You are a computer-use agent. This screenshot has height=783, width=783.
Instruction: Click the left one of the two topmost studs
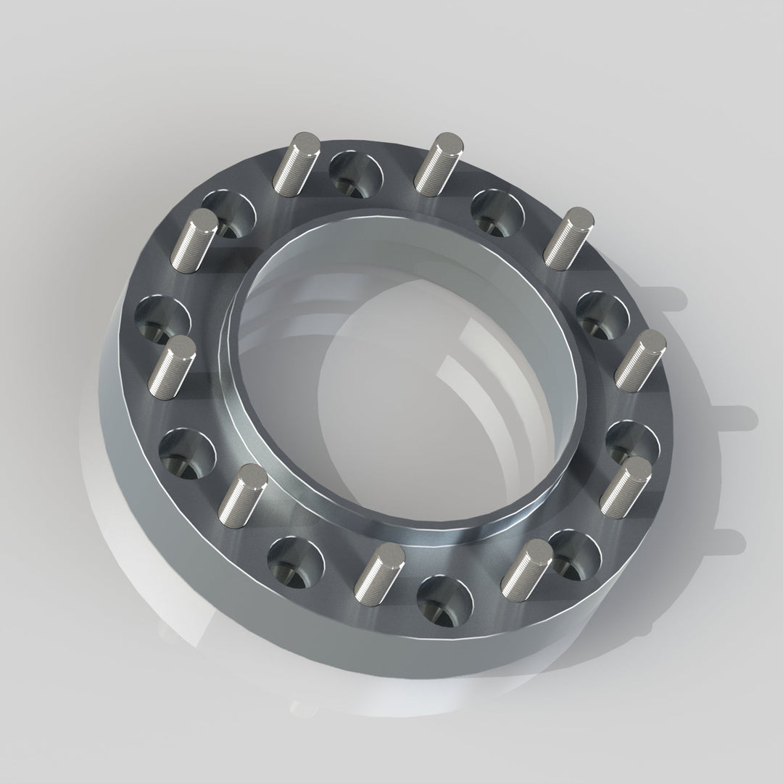coord(296,164)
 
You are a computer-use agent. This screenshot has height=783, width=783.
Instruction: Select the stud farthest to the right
coord(640,360)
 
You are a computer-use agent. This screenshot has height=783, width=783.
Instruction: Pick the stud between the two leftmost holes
coord(172,365)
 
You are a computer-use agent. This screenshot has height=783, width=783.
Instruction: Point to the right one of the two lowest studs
coord(526,568)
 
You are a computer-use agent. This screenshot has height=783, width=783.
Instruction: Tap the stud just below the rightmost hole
coord(625,487)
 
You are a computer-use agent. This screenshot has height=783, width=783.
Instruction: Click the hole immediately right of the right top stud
coord(497,211)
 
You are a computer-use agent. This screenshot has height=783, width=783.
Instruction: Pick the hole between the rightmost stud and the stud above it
coord(602,313)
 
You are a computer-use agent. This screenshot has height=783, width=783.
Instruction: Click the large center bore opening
coord(413,377)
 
